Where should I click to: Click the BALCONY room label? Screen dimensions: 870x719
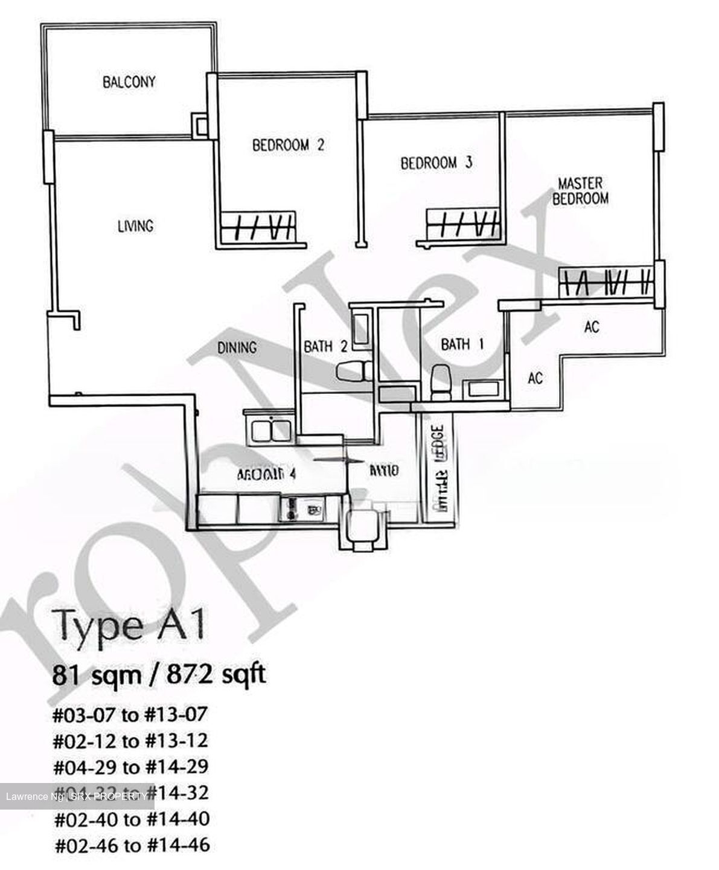(x=129, y=82)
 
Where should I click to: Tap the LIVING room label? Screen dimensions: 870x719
(x=135, y=226)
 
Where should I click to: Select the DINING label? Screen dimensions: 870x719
(x=237, y=347)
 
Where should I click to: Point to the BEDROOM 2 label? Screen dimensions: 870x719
(x=288, y=145)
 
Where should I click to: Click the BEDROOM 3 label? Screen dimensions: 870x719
(x=436, y=163)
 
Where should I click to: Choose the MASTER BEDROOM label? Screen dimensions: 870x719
(x=580, y=190)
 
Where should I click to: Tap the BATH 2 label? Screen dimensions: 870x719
(x=325, y=346)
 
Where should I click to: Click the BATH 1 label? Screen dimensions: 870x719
(x=462, y=344)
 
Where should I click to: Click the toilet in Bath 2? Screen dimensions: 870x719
(x=352, y=372)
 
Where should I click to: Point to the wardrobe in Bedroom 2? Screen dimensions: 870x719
(x=258, y=227)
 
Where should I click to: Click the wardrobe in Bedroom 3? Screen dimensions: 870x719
(x=462, y=224)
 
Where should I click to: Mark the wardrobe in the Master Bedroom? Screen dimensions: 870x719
(x=606, y=282)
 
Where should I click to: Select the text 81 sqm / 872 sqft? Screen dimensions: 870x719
(x=159, y=674)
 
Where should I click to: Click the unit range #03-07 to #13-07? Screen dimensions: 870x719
(x=130, y=715)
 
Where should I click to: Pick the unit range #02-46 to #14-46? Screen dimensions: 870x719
(x=132, y=845)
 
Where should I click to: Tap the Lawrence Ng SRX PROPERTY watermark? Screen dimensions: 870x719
(x=76, y=797)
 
